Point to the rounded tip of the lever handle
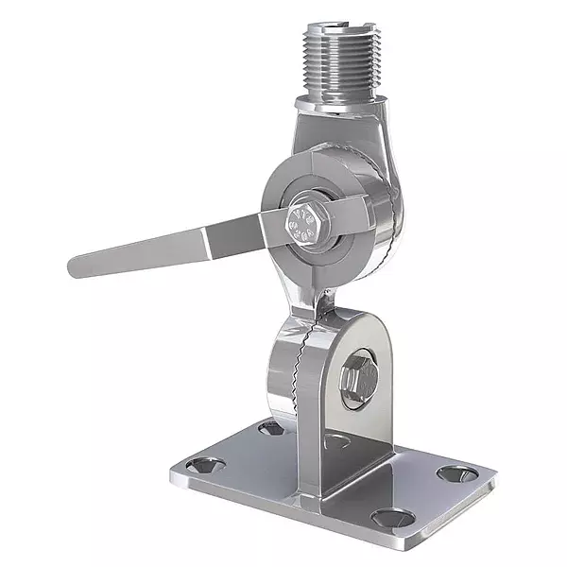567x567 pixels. (76, 265)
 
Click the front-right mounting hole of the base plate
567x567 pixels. (389, 518)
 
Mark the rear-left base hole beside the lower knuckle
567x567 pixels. (270, 428)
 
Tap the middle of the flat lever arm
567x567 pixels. (170, 245)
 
